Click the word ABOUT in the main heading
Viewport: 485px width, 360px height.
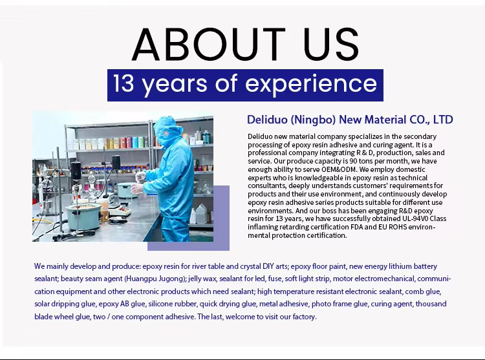tap(208, 44)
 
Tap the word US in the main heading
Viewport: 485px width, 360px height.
tap(331, 44)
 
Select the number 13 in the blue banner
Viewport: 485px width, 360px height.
tap(124, 83)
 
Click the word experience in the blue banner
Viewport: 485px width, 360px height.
tap(311, 85)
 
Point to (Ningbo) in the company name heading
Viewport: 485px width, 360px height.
tap(313, 120)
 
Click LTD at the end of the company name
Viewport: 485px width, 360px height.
tap(443, 120)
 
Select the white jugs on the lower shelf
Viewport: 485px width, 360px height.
tap(200, 214)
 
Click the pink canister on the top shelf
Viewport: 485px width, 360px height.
tap(123, 142)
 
